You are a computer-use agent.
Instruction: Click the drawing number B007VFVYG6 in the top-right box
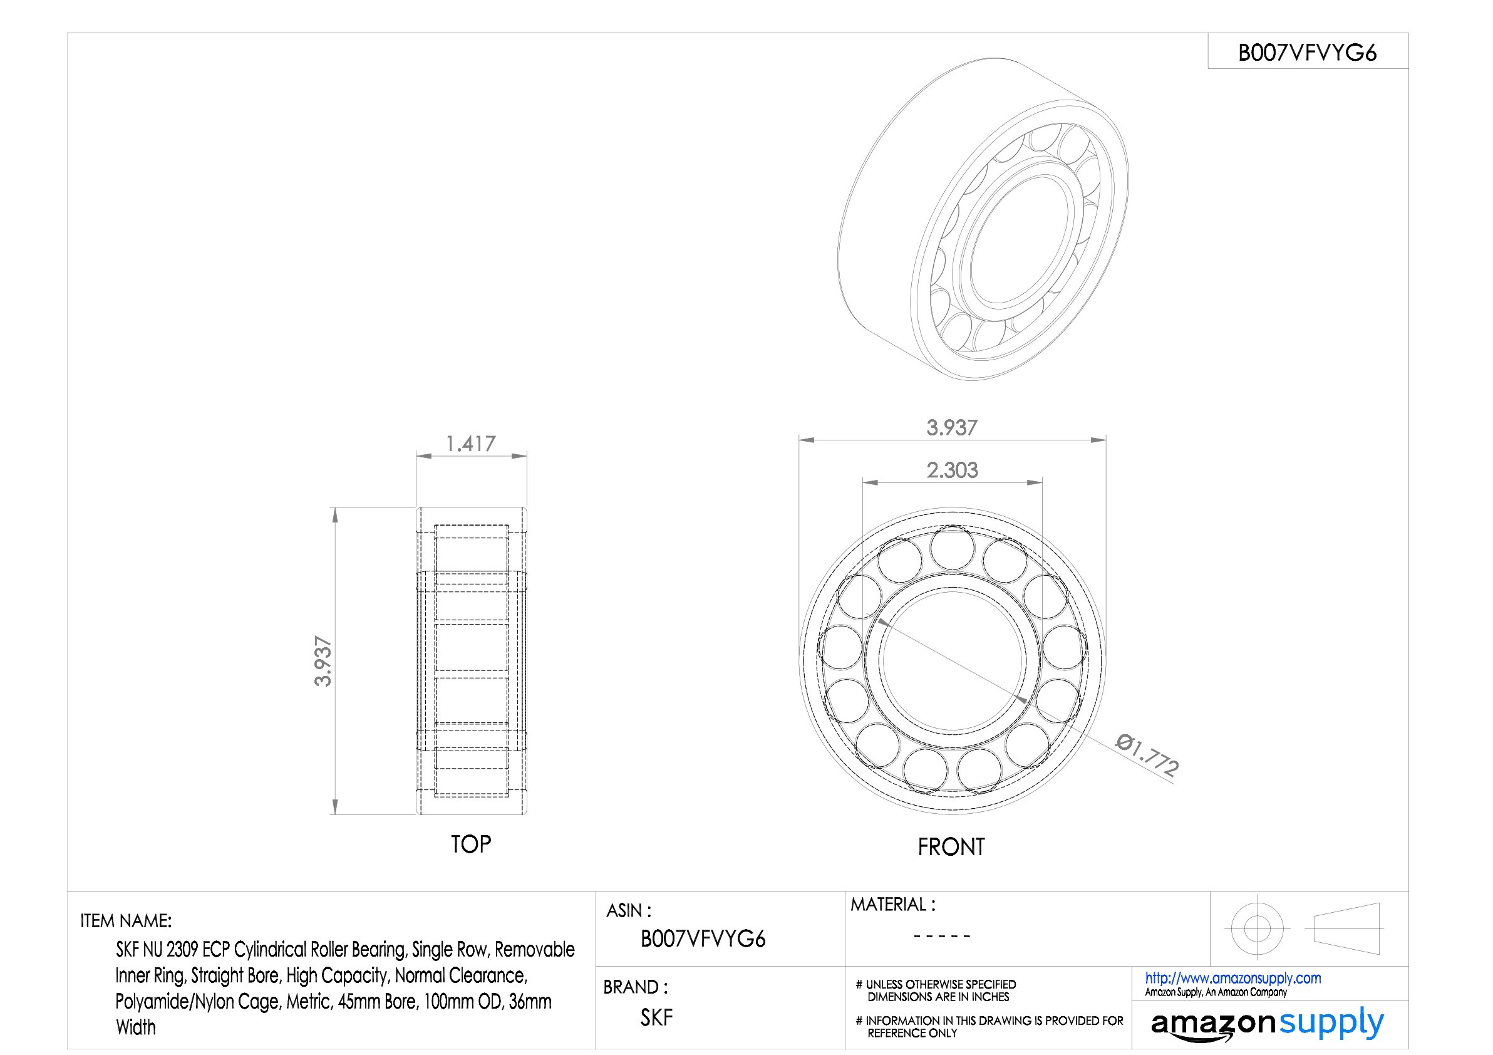pyautogui.click(x=1307, y=53)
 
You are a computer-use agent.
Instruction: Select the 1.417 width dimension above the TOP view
pyautogui.click(x=470, y=444)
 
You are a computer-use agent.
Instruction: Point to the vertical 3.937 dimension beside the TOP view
pyautogui.click(x=323, y=661)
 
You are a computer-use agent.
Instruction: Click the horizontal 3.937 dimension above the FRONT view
pyautogui.click(x=952, y=427)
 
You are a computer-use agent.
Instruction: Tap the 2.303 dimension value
pyautogui.click(x=952, y=470)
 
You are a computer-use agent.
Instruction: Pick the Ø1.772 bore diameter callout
pyautogui.click(x=1147, y=754)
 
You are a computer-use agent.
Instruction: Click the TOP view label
pyautogui.click(x=471, y=845)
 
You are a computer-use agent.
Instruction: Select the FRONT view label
pyautogui.click(x=951, y=847)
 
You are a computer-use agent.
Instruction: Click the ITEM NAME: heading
pyautogui.click(x=125, y=921)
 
